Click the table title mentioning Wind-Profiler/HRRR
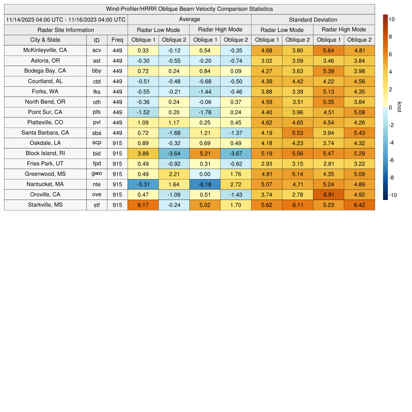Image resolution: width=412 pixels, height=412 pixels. [x=189, y=9]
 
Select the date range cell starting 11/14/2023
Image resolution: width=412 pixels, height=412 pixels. [x=66, y=19]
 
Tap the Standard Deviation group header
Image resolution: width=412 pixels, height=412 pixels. [x=313, y=19]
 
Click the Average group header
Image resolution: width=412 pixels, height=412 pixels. [x=189, y=19]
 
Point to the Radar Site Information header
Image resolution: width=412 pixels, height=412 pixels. [x=66, y=30]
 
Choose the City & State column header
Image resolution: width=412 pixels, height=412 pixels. [x=45, y=40]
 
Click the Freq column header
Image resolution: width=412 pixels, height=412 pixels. [x=117, y=40]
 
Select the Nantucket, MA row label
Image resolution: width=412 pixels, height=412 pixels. [x=45, y=184]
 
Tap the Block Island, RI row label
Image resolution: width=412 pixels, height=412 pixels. [x=45, y=153]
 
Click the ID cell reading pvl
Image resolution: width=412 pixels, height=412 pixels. [x=97, y=122]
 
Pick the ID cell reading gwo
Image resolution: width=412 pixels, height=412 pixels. [x=97, y=174]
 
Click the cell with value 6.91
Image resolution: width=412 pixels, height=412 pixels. [x=328, y=195]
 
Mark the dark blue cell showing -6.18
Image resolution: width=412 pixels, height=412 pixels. [x=205, y=184]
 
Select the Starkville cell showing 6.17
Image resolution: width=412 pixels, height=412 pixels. [x=143, y=205]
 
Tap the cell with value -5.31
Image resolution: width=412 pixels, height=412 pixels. [x=143, y=184]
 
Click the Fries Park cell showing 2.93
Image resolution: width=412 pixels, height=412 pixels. [x=266, y=164]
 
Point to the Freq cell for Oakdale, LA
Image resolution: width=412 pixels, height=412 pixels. [x=117, y=143]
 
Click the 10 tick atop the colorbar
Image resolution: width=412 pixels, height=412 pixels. [x=392, y=19]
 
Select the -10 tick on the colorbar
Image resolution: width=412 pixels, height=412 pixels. [x=393, y=195]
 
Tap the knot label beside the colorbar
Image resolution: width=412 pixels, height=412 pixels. [x=399, y=107]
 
